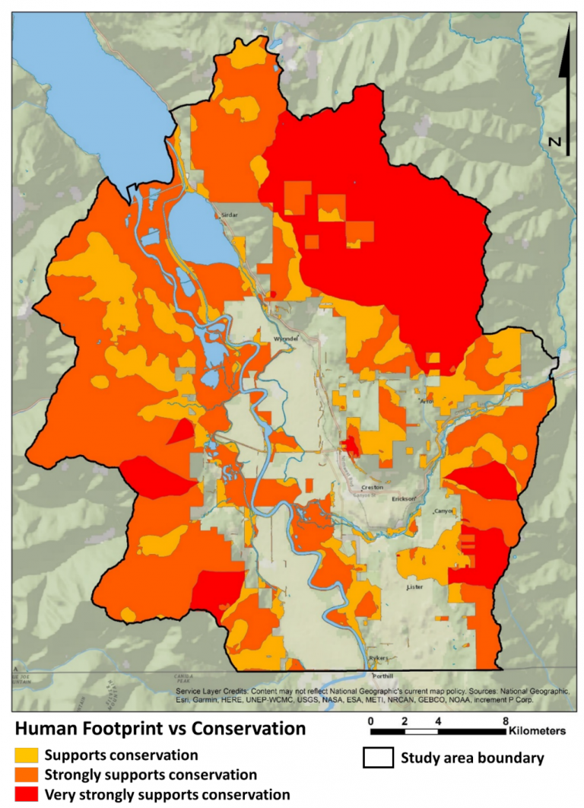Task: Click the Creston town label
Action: tap(372, 486)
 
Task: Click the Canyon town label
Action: tap(443, 511)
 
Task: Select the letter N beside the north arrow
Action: tap(554, 142)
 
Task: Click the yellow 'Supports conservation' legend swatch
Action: tap(25, 756)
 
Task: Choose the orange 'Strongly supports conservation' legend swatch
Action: tap(25, 775)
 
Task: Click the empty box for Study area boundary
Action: tap(377, 758)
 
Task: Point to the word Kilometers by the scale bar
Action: tap(537, 731)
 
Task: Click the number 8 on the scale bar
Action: tap(505, 721)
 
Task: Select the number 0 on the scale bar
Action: tap(370, 721)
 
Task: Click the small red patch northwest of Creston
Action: tap(352, 445)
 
